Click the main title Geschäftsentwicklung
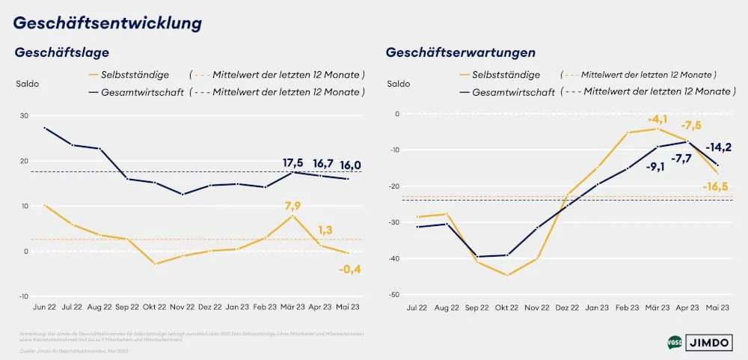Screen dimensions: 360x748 click(108, 23)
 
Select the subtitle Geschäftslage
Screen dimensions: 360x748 click(62, 52)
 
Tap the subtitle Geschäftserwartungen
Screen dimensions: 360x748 click(460, 52)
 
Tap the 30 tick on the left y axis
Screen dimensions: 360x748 click(24, 116)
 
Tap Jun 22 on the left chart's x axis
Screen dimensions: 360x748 click(46, 306)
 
